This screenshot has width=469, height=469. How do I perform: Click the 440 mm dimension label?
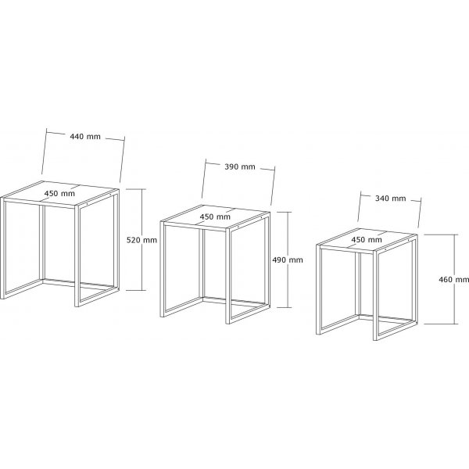85,137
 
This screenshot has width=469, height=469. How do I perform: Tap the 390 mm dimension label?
240,166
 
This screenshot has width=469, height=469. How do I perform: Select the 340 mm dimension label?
391,198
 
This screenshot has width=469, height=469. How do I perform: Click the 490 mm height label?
288,260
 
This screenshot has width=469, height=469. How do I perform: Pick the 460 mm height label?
453,278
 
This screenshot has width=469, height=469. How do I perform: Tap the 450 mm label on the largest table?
60,194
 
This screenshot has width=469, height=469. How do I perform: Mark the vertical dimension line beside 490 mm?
287,289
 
